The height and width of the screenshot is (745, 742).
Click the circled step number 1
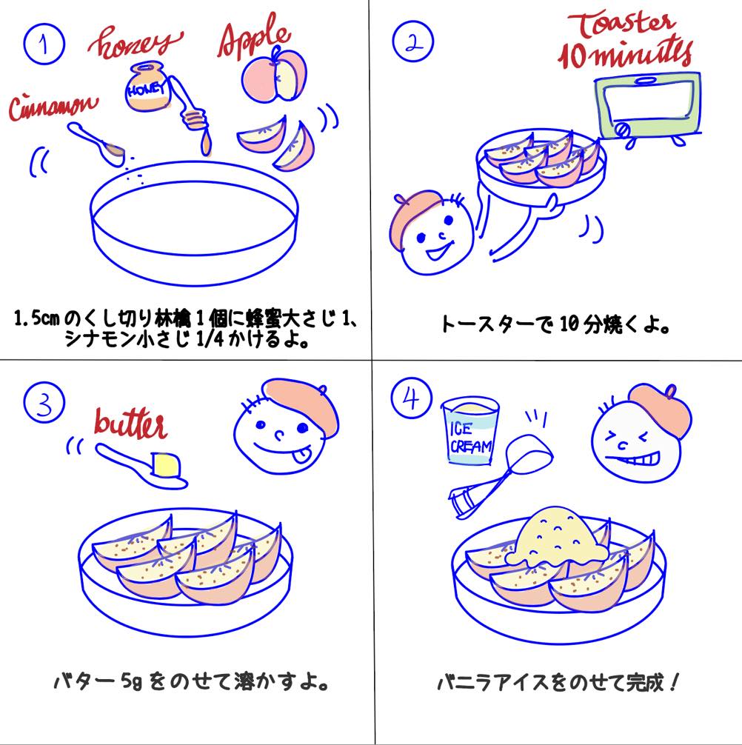tap(44, 44)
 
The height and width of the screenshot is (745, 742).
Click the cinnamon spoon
tap(96, 144)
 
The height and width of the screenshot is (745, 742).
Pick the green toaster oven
tap(647, 104)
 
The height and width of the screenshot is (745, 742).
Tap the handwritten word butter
tap(130, 424)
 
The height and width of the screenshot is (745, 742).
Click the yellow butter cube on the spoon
tap(167, 465)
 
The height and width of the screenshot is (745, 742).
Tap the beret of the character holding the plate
tap(418, 211)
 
